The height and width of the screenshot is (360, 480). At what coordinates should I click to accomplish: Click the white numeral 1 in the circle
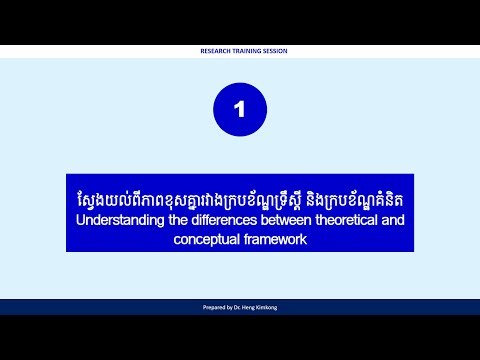(x=239, y=111)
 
